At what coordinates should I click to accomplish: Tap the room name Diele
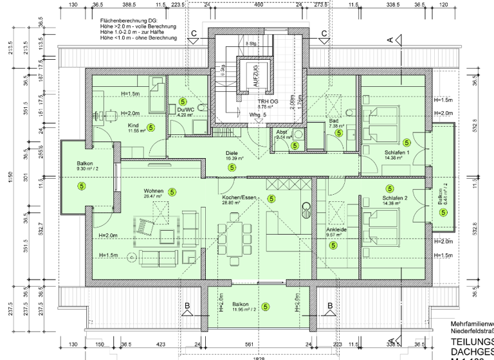click(x=232, y=153)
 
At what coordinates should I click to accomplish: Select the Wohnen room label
click(x=154, y=191)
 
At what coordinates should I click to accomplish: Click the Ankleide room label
click(x=336, y=229)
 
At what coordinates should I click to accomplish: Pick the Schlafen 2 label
click(x=396, y=198)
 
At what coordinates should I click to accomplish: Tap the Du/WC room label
click(x=186, y=110)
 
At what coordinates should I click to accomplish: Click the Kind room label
click(x=134, y=125)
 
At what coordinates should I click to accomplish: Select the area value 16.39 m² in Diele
click(x=233, y=158)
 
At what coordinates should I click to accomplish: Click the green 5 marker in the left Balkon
click(x=82, y=186)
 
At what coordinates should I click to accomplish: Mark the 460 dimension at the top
click(x=258, y=4)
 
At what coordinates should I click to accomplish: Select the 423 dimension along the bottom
click(x=160, y=345)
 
